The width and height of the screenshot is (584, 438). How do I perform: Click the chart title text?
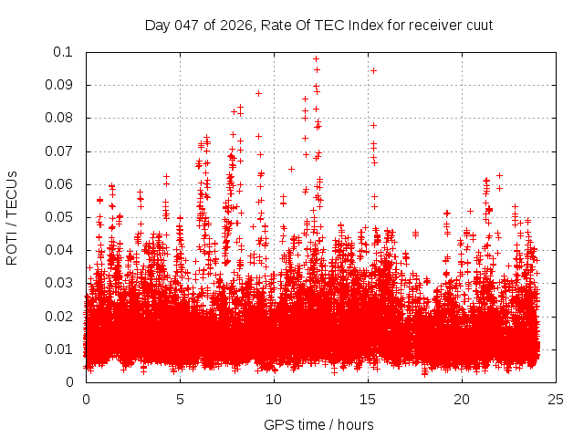pyautogui.click(x=318, y=25)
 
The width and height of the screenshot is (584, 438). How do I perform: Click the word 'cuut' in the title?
pyautogui.click(x=479, y=25)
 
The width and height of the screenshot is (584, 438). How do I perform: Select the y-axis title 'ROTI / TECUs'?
pyautogui.click(x=12, y=217)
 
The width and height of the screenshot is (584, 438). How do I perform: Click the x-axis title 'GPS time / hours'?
pyautogui.click(x=318, y=424)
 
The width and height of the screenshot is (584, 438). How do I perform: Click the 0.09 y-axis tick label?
pyautogui.click(x=62, y=85)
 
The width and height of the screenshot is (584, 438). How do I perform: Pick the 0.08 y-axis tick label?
pyautogui.click(x=62, y=118)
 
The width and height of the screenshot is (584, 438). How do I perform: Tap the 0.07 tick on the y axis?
pyautogui.click(x=62, y=151)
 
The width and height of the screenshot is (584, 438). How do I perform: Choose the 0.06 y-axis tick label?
pyautogui.click(x=62, y=184)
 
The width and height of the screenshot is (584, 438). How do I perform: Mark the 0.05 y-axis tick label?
pyautogui.click(x=62, y=217)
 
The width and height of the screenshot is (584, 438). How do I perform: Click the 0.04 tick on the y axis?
pyautogui.click(x=62, y=250)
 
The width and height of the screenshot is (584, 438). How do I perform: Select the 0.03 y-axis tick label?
pyautogui.click(x=62, y=283)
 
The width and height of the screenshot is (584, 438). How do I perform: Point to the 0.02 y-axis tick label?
pyautogui.click(x=62, y=316)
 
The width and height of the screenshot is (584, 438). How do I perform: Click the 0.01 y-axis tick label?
pyautogui.click(x=62, y=349)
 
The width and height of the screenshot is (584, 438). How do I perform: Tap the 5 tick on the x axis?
pyautogui.click(x=180, y=399)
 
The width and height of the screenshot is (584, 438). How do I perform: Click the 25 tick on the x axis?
pyautogui.click(x=556, y=399)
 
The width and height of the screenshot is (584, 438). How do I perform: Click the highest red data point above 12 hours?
pyautogui.click(x=316, y=58)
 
